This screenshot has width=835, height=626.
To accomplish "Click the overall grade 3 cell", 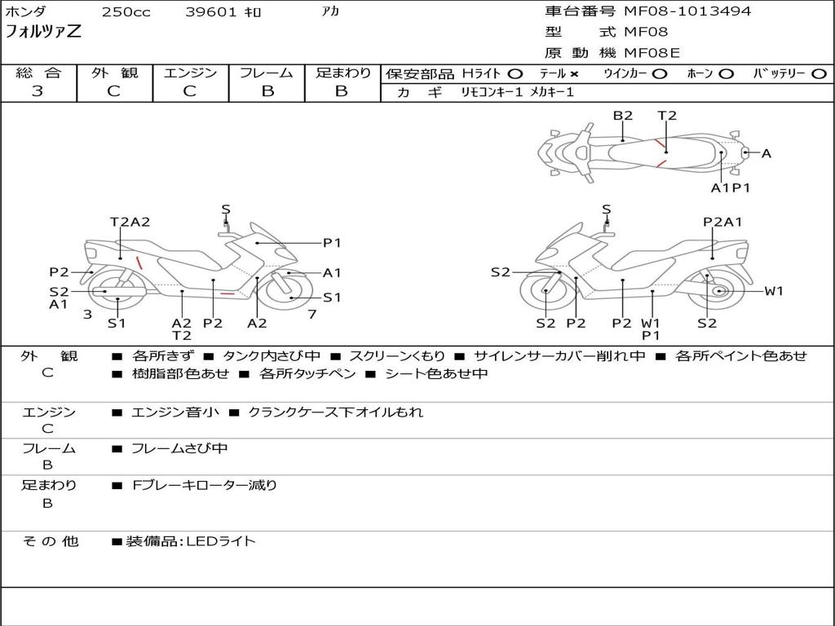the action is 38,91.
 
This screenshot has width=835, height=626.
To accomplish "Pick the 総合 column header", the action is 38,73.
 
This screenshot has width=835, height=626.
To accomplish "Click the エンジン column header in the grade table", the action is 190,73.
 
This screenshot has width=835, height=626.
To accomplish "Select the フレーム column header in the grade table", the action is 267,73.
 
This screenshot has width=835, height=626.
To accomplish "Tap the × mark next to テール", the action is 574,74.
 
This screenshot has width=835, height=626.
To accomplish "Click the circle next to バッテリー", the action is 819,74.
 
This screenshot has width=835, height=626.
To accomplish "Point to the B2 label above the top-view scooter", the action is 623,116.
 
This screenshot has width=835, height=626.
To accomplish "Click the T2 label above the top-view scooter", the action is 667,116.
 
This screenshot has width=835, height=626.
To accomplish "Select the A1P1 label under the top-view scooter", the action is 730,187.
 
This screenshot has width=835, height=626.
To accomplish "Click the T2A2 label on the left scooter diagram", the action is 130,222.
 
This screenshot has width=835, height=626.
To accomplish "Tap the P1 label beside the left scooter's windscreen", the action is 332,242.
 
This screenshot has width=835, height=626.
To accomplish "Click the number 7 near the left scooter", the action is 311,314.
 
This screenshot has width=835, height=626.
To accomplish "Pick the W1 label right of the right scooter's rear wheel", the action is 773,291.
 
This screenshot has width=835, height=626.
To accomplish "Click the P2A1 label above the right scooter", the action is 722,222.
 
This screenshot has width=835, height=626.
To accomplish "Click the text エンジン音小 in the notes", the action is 175,412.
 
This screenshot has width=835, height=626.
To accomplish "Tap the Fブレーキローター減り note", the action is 205,486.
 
